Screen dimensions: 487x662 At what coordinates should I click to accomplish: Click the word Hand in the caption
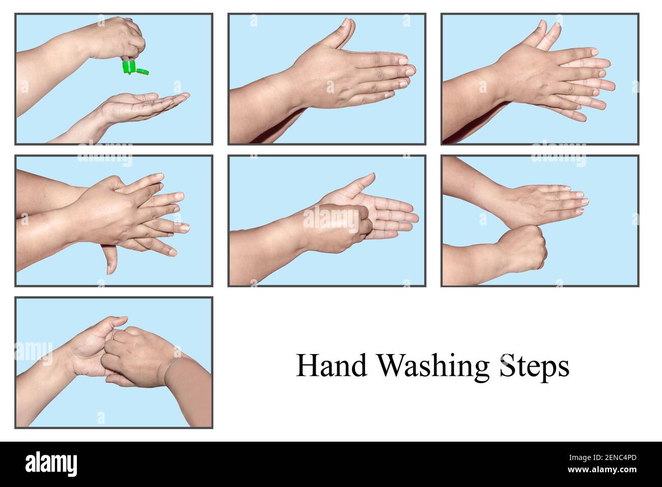[332, 366]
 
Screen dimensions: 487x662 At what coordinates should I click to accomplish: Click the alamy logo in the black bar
[51, 464]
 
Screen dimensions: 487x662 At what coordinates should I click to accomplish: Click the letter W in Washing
[392, 366]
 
